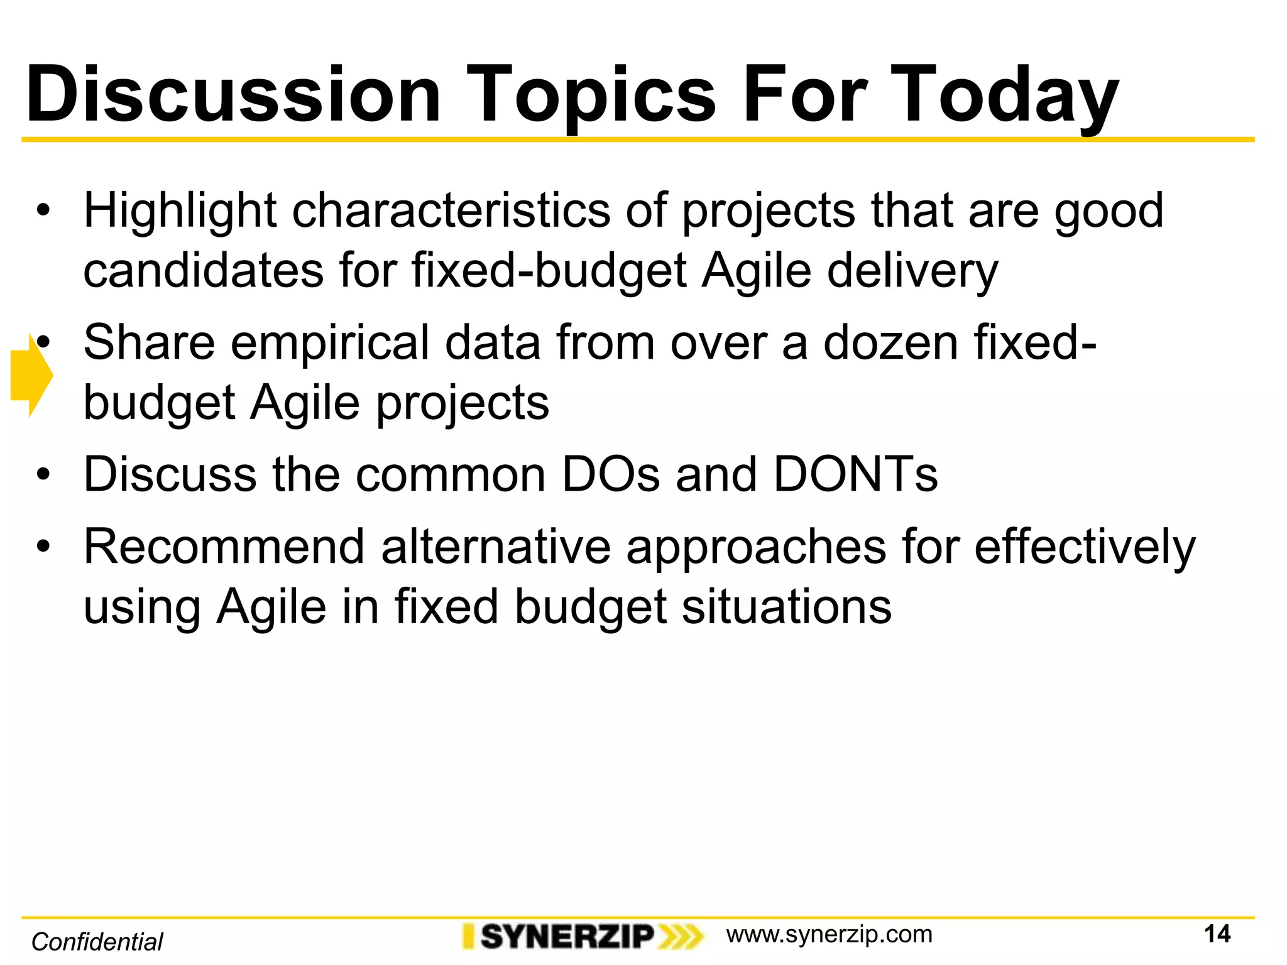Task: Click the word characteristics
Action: [451, 210]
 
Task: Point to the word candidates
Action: [203, 271]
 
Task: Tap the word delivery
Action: [912, 272]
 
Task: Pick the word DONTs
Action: [855, 474]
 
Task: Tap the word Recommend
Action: [224, 547]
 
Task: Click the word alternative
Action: [496, 547]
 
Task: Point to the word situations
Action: [787, 607]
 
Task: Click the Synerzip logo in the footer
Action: [582, 936]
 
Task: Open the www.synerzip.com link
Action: [829, 934]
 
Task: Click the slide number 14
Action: [1217, 934]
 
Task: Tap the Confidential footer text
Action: [97, 942]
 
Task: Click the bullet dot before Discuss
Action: [42, 475]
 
